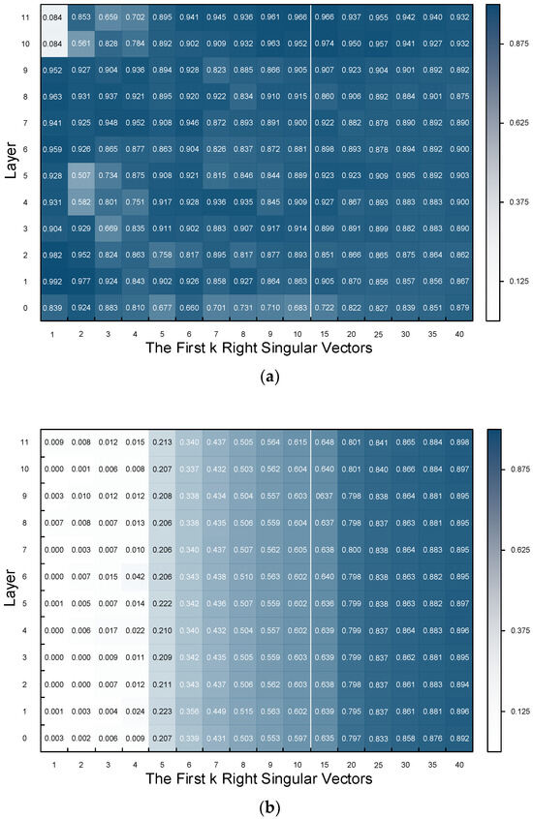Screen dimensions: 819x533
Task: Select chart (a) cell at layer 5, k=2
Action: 84,175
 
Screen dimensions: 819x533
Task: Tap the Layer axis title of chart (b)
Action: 14,589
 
